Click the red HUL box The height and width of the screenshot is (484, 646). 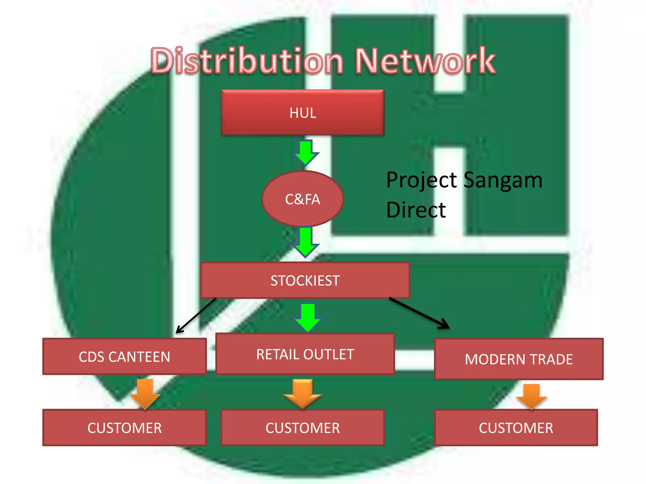coord(302,112)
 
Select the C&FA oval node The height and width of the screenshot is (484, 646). coord(302,199)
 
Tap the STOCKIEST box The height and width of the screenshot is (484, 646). coord(305,280)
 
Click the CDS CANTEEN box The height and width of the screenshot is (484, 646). coord(124,356)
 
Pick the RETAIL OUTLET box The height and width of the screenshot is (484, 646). coord(305,354)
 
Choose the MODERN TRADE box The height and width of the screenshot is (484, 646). coord(519,359)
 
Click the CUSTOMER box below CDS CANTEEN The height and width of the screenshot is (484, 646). coord(124,428)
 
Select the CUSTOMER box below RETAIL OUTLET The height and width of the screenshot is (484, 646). coord(302,428)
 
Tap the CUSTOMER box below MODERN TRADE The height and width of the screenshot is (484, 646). coord(516,428)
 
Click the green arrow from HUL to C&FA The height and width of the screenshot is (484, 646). coord(305,153)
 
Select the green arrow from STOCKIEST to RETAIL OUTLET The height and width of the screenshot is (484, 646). coord(308,317)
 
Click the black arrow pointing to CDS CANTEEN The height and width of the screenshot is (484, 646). coord(196,315)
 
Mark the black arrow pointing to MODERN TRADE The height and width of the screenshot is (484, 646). coord(420,313)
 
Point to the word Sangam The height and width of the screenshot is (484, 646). coord(503,180)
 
